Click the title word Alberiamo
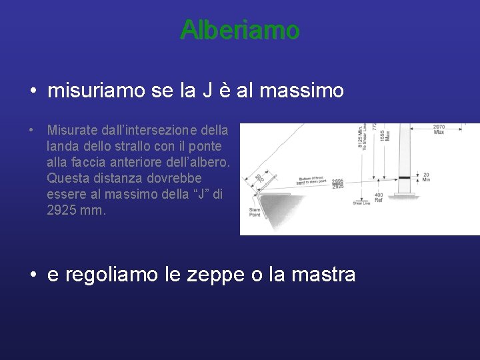[239, 30]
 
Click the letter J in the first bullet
[208, 91]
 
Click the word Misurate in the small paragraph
[71, 129]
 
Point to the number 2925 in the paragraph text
[62, 211]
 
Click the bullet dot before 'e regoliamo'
[33, 275]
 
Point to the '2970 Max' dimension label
[439, 129]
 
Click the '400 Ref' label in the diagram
[379, 197]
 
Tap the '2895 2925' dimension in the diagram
[339, 183]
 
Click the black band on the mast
[404, 178]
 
